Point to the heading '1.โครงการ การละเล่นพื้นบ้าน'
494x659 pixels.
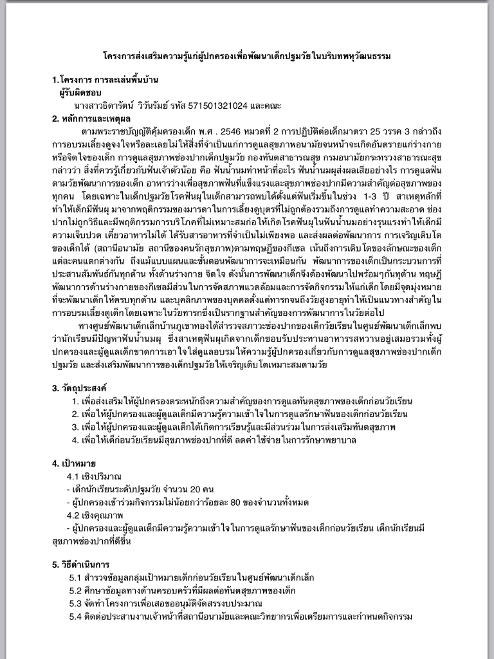[105, 80]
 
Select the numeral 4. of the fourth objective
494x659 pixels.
[76, 440]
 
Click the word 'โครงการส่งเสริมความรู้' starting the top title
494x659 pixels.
[143, 57]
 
